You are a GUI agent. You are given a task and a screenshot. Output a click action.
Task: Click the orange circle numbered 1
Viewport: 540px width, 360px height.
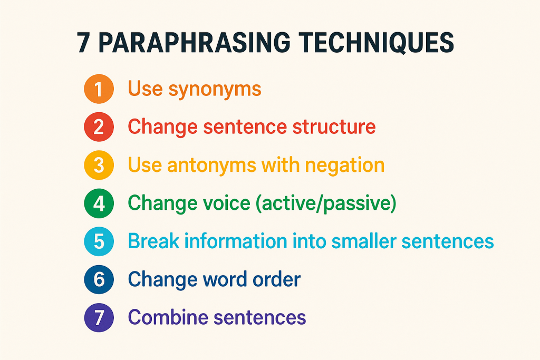point(99,89)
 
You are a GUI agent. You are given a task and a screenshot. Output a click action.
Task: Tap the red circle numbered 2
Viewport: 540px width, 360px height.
point(99,127)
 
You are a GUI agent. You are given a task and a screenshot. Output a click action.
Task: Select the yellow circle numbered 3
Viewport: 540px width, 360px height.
point(99,165)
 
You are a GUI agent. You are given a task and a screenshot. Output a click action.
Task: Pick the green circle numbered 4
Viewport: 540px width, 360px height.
point(99,203)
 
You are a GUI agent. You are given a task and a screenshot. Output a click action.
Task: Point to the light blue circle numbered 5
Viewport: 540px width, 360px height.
point(99,241)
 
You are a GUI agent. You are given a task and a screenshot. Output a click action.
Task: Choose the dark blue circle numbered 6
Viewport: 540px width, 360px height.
point(99,279)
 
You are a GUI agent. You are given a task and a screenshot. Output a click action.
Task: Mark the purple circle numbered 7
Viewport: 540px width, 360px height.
point(99,317)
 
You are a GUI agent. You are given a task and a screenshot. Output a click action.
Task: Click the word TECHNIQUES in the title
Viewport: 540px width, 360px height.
point(376,43)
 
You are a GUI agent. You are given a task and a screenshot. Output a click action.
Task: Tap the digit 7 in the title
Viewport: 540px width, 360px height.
point(84,43)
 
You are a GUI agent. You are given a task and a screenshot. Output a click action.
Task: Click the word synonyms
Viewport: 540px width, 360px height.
point(215,90)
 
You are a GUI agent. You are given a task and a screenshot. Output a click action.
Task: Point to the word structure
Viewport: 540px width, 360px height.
point(334,127)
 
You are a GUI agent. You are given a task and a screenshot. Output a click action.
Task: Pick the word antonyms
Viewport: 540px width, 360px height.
point(211,165)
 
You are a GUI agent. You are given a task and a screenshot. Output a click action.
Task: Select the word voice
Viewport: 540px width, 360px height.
point(226,203)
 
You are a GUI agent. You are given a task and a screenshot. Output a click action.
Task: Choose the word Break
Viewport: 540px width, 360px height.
point(153,241)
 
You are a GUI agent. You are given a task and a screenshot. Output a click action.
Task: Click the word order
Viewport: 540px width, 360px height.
point(276,279)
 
